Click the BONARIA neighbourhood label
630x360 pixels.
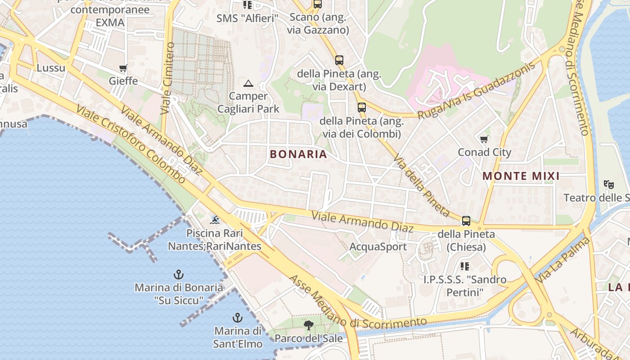pyautogui.click(x=298, y=154)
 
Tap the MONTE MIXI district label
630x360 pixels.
pyautogui.click(x=521, y=176)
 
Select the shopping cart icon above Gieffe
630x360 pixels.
pyautogui.click(x=123, y=68)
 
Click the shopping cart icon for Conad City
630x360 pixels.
pyautogui.click(x=484, y=139)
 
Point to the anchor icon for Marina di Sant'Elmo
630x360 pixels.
pyautogui.click(x=237, y=318)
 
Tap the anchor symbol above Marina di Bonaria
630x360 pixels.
pyautogui.click(x=179, y=274)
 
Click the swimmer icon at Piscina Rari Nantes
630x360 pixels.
pyautogui.click(x=215, y=220)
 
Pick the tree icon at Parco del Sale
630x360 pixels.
pyautogui.click(x=309, y=325)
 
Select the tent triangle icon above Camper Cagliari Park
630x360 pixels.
pyautogui.click(x=248, y=83)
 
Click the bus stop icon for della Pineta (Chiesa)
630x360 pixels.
pyautogui.click(x=466, y=221)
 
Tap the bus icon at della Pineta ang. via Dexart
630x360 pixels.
pyautogui.click(x=339, y=60)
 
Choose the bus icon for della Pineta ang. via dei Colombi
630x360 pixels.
pyautogui.click(x=362, y=108)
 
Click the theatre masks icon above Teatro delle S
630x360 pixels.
pyautogui.click(x=609, y=184)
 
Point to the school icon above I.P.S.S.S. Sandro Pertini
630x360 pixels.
pyautogui.click(x=465, y=266)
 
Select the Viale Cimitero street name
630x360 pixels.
pyautogui.click(x=167, y=78)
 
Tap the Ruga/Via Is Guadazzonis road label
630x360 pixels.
pyautogui.click(x=477, y=90)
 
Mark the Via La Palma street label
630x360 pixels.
pyautogui.click(x=562, y=261)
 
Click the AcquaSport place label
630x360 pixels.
pyautogui.click(x=378, y=247)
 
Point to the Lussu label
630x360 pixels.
pyautogui.click(x=51, y=68)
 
